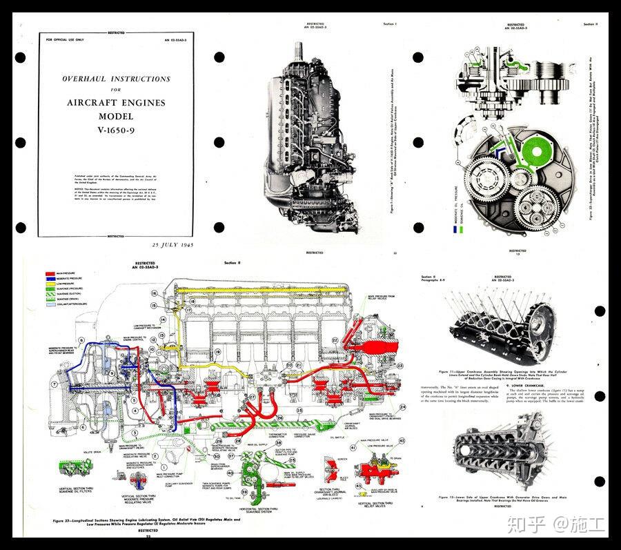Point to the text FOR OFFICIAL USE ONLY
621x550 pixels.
(x=65, y=41)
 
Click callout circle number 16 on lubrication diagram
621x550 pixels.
(x=155, y=293)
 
